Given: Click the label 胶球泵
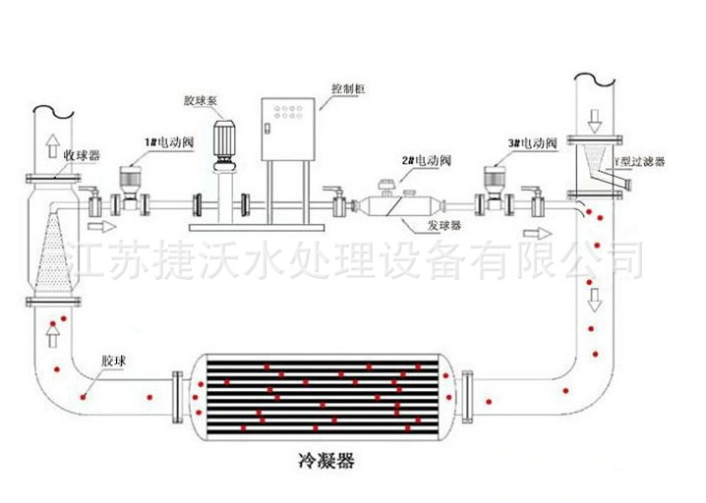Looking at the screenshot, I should point(199,99).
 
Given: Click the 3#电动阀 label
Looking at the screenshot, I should point(532,143).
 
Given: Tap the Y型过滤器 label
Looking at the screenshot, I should point(640,159).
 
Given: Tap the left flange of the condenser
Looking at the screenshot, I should point(178,397).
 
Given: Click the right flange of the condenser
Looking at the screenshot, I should point(469,397).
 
